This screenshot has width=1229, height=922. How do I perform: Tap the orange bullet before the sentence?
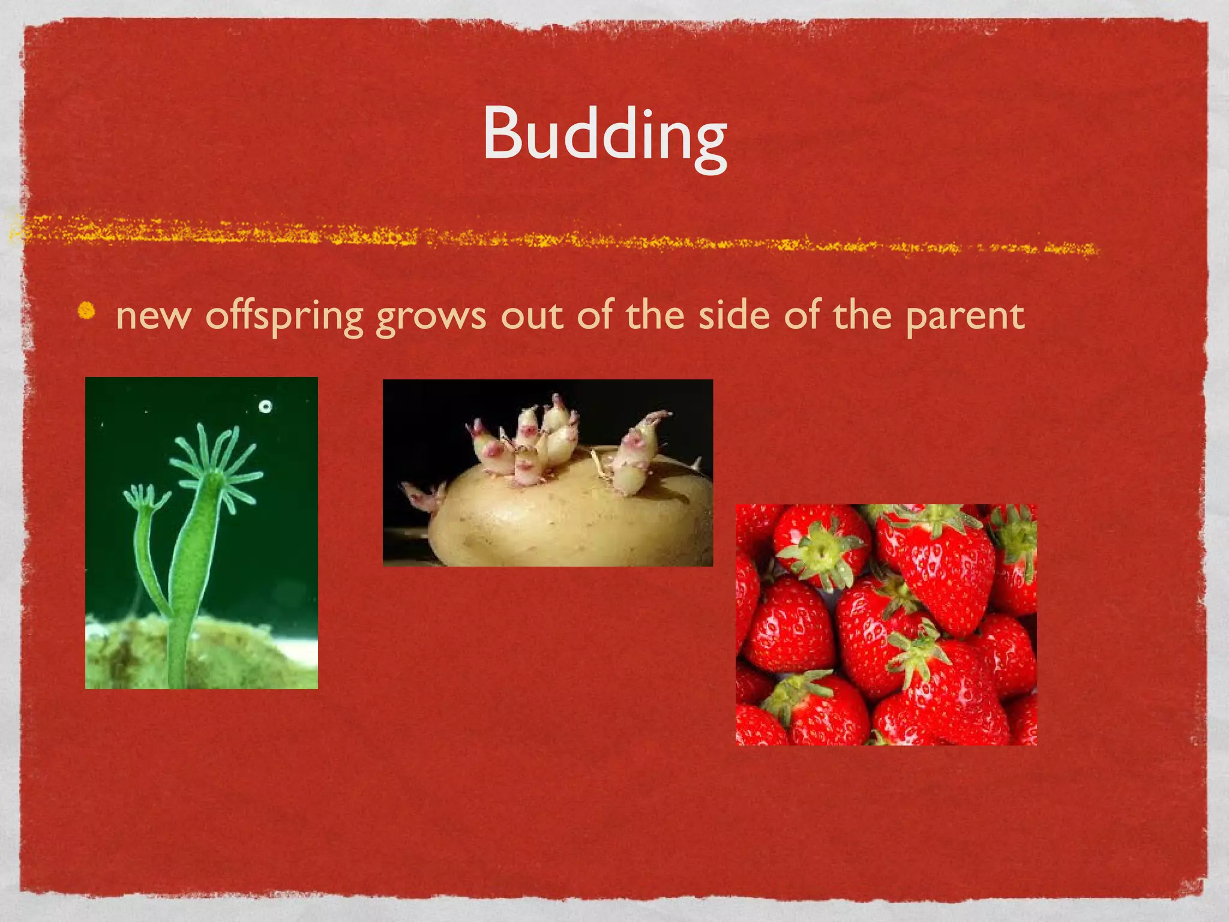coord(88,311)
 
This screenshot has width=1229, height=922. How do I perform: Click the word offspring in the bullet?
coord(284,316)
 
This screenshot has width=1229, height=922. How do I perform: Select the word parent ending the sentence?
coord(964,316)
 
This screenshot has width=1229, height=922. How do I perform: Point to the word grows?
coord(430,317)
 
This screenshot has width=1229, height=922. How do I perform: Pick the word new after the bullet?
coord(154,317)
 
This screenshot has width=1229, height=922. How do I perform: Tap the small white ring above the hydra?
coord(265,406)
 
